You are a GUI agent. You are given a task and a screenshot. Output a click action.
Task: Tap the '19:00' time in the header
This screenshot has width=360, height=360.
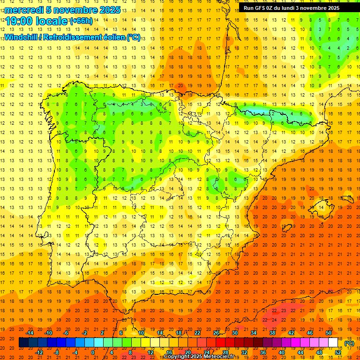19,22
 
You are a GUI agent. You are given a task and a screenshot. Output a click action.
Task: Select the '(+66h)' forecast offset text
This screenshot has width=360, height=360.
81,21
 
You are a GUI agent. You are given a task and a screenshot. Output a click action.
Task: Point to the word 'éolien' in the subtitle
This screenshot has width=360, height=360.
112,37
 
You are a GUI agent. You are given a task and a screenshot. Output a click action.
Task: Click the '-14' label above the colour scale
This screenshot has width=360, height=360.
30,333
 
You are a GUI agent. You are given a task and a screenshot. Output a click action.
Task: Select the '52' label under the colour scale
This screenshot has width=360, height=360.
338,352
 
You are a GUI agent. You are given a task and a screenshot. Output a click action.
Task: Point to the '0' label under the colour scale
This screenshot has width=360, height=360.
93,352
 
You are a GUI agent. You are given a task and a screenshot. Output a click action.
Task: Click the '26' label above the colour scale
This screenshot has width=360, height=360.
216,333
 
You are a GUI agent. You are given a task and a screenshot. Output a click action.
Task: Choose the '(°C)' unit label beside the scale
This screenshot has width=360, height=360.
349,343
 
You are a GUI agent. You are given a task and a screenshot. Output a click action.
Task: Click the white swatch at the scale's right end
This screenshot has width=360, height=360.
333,343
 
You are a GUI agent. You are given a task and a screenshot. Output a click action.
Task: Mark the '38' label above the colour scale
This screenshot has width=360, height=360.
272,333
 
